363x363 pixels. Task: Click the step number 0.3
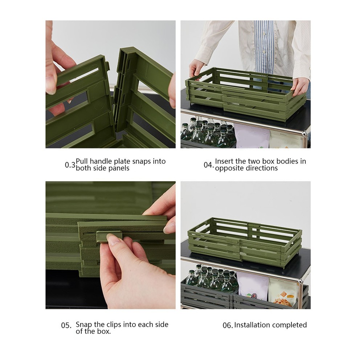tap(70, 165)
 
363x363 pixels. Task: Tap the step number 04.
tap(209, 165)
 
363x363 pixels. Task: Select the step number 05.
tap(66, 325)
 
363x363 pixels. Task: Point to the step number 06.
tap(228, 325)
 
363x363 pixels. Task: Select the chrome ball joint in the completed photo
tap(300, 282)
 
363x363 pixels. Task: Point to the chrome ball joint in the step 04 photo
tap(305, 133)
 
